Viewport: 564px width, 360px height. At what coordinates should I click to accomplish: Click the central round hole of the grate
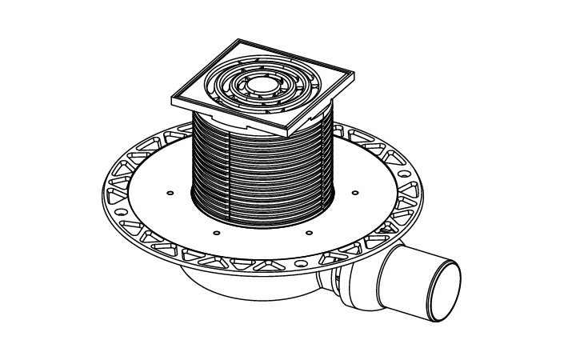click(260, 83)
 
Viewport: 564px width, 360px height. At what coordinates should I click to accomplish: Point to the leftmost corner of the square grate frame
click(171, 98)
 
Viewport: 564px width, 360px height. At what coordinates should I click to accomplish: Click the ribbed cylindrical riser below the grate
click(264, 172)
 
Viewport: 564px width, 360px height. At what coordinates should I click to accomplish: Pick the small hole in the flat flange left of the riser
click(170, 193)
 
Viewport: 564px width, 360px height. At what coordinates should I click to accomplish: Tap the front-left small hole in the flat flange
click(216, 233)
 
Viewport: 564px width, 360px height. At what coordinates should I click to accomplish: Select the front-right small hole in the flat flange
click(309, 233)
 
